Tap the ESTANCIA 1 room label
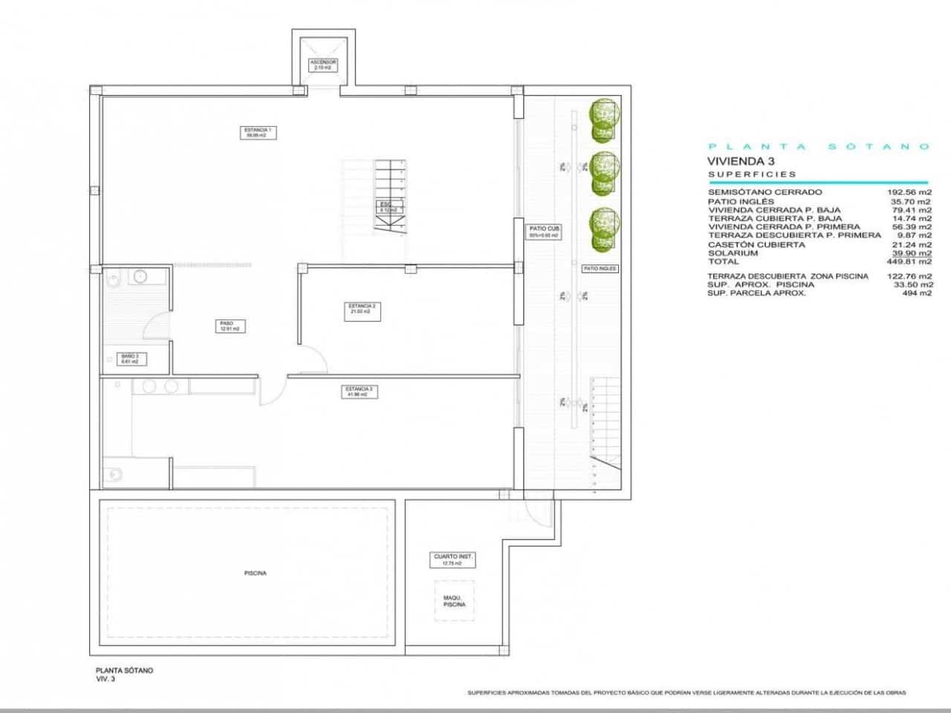pyautogui.click(x=259, y=133)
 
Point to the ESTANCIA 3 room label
pyautogui.click(x=359, y=391)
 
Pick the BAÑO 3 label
pyautogui.click(x=130, y=359)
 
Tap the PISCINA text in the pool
pyautogui.click(x=255, y=573)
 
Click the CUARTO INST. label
pyautogui.click(x=453, y=559)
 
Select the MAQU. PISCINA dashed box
pyautogui.click(x=454, y=601)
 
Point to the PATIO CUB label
pyautogui.click(x=543, y=231)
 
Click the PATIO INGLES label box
pyautogui.click(x=600, y=269)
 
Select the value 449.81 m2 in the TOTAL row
pyautogui.click(x=910, y=261)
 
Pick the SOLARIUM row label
pyautogui.click(x=733, y=253)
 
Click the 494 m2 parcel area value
pyautogui.click(x=916, y=293)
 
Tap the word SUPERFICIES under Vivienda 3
pyautogui.click(x=752, y=175)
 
